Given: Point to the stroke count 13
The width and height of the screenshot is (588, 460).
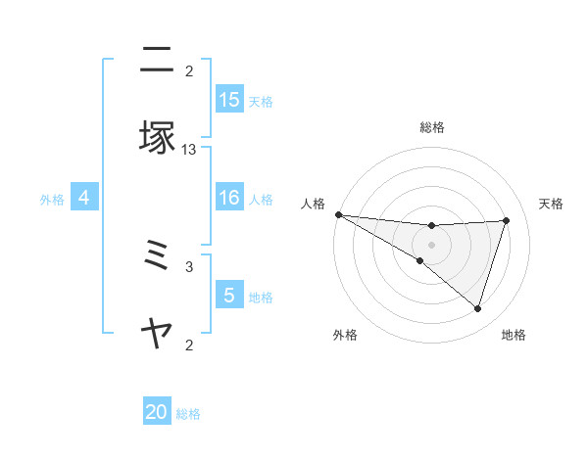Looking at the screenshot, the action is [189, 150].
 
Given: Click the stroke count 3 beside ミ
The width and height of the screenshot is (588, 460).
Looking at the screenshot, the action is [189, 266].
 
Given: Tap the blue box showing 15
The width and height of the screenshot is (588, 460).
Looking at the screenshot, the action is [229, 100].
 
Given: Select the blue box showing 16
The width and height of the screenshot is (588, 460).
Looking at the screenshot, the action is [229, 199].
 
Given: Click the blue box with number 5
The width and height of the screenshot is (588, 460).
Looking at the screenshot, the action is [229, 296].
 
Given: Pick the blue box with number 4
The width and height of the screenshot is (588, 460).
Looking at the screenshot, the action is [84, 199].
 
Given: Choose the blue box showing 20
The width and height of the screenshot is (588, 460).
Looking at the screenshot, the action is [157, 413].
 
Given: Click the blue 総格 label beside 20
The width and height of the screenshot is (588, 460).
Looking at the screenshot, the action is [188, 414].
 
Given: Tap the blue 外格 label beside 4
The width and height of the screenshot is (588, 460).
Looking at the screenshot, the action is [52, 200].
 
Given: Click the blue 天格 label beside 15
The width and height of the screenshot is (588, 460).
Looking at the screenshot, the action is [261, 101].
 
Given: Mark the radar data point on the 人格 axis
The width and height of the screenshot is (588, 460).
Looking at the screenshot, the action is [338, 214].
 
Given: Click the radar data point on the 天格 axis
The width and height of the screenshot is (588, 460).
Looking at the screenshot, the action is [507, 220].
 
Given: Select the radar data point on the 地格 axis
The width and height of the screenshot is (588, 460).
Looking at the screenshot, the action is [478, 308].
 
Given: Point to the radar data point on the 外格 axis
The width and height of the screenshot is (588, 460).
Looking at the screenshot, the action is [419, 260].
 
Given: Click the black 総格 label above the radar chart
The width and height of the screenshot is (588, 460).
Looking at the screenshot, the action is [431, 127].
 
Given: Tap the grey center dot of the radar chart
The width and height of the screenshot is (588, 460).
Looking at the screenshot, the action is [431, 244].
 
